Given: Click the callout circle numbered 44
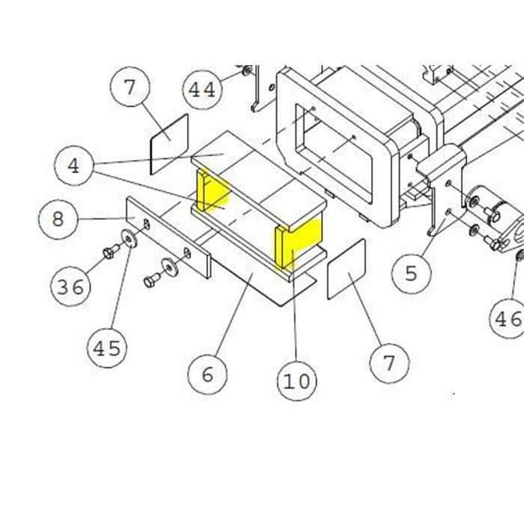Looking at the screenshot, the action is [x=203, y=90].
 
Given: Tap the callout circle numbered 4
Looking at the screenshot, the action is [x=74, y=165].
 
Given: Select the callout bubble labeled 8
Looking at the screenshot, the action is [x=58, y=219].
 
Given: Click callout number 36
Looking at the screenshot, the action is [x=70, y=286].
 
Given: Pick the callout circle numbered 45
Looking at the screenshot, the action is [x=107, y=347].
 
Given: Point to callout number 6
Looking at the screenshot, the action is [x=207, y=374].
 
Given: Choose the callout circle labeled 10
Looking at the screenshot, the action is [x=297, y=380].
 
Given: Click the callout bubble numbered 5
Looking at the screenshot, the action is [x=412, y=273].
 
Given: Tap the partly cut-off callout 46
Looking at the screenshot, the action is [x=507, y=318].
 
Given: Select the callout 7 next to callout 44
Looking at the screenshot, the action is [x=130, y=87].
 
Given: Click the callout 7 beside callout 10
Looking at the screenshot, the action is [x=390, y=363].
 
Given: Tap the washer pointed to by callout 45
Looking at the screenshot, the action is [x=129, y=238].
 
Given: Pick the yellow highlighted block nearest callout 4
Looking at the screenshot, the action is [x=213, y=190].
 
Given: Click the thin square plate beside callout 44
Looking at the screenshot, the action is [x=170, y=144].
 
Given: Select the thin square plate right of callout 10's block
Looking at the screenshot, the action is [x=347, y=269].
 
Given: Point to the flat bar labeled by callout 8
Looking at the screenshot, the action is [x=168, y=237].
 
